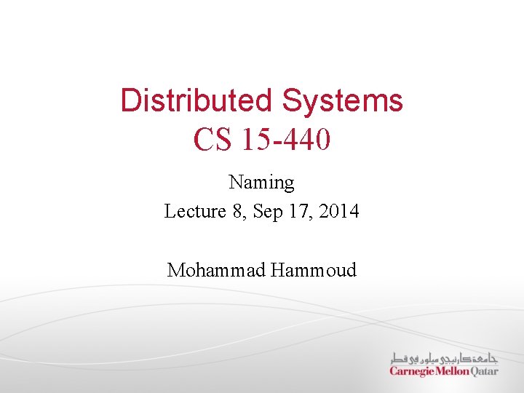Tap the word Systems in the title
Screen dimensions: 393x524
[343, 100]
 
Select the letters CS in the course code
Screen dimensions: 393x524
[212, 139]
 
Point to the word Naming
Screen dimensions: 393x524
[261, 182]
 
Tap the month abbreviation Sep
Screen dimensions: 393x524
[266, 211]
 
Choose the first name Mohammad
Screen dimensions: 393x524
[215, 270]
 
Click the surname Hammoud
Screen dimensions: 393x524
[314, 270]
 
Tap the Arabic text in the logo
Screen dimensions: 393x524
[444, 359]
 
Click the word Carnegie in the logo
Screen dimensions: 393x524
[413, 371]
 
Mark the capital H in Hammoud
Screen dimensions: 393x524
[277, 270]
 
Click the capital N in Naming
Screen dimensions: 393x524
[234, 182]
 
